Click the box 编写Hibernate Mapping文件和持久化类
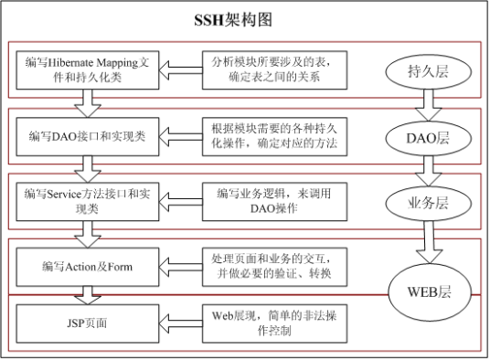[87, 69]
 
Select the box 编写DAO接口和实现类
[87, 134]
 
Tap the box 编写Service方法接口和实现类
[87, 200]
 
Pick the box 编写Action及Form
[87, 266]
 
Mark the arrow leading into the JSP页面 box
[87, 294]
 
